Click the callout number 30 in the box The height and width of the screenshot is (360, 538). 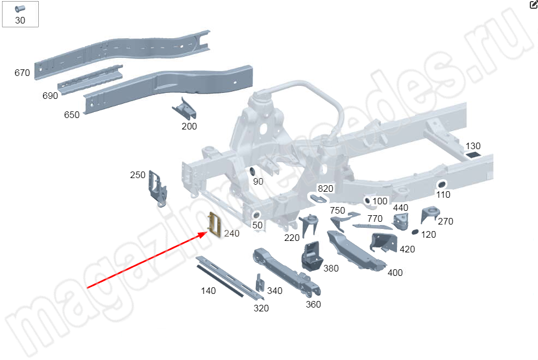(20, 21)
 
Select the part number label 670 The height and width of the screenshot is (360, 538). (22, 73)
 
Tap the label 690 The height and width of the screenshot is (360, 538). (50, 96)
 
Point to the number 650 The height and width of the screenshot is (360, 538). (72, 115)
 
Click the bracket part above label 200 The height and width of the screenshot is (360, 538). (185, 109)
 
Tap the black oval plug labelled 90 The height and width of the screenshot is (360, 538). (253, 172)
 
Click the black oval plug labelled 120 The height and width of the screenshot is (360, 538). (414, 232)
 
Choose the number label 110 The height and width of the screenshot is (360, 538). (443, 194)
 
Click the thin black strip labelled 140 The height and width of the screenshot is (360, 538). (221, 280)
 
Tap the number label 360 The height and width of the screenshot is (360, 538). (313, 304)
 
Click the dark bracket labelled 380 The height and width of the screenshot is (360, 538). (312, 255)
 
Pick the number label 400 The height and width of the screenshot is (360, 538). (395, 273)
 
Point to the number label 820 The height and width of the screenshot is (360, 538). (325, 189)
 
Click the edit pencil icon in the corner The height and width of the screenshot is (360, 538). (534, 5)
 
